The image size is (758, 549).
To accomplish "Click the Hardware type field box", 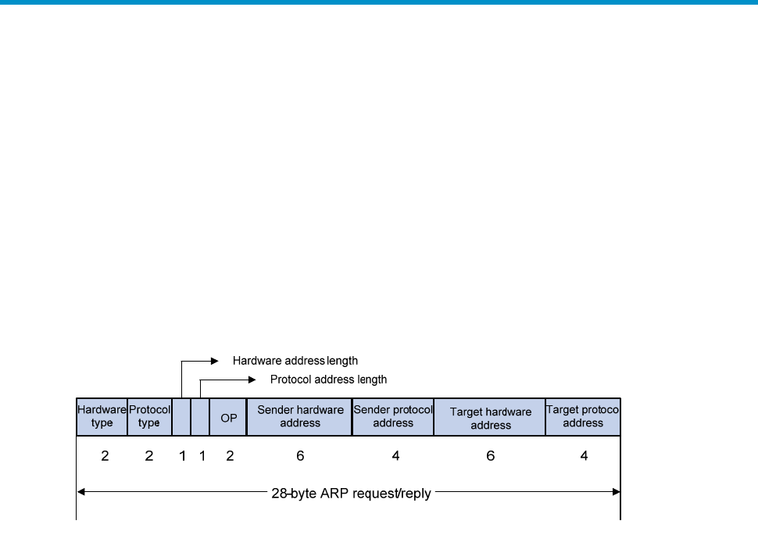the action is click(x=102, y=416).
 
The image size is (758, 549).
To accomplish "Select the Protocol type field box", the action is click(x=150, y=416).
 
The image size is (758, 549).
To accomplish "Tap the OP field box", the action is click(x=228, y=416).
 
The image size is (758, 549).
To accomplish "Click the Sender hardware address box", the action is click(x=300, y=416).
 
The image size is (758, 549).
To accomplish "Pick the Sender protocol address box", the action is click(x=393, y=416).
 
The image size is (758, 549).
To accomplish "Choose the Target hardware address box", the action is click(x=490, y=416).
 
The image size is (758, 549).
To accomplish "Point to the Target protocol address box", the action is click(x=583, y=416).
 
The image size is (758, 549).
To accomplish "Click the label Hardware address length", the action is click(x=295, y=361).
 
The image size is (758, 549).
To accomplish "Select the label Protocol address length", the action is click(x=329, y=380).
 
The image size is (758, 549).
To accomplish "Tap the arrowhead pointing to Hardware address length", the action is click(x=215, y=361).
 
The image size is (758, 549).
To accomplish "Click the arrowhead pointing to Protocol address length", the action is click(x=252, y=380).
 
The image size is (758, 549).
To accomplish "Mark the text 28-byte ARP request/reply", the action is click(x=351, y=494).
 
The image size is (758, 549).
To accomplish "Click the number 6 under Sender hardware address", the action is click(x=300, y=456).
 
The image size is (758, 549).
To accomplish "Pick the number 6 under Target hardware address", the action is click(x=491, y=456).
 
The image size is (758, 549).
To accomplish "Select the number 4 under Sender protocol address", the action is click(x=396, y=456).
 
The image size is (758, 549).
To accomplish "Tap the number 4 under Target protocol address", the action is click(x=584, y=456).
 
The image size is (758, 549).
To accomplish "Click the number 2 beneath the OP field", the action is click(x=230, y=456).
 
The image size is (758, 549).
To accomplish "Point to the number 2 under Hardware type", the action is click(x=105, y=456).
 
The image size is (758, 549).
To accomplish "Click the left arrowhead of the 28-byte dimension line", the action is click(x=80, y=492).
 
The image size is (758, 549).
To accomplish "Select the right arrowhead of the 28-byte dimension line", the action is click(x=617, y=492).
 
